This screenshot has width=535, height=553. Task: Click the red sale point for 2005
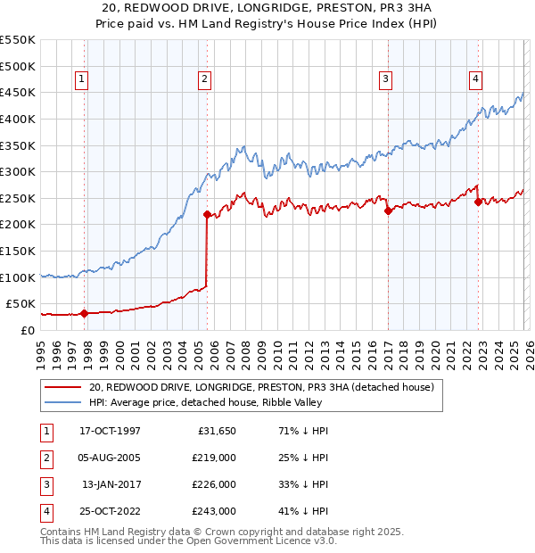click(x=207, y=214)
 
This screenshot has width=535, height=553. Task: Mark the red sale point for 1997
click(x=84, y=313)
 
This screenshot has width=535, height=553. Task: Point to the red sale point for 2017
click(x=388, y=210)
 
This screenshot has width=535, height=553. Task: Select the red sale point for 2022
click(x=479, y=202)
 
